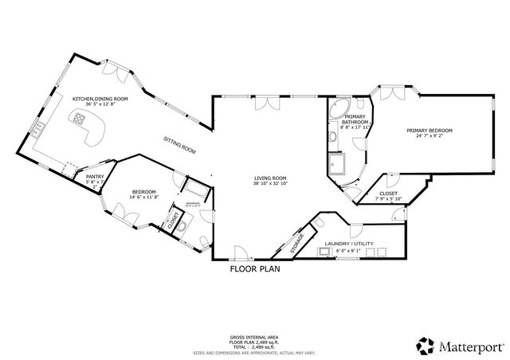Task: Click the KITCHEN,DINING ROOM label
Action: [93, 100]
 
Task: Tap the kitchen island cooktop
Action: [80, 119]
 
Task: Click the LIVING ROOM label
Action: [270, 178]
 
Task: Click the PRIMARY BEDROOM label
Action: [430, 130]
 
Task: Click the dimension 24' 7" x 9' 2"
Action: [430, 136]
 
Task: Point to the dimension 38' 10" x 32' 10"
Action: [270, 184]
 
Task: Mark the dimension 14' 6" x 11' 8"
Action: [143, 197]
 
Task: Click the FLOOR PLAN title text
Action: [255, 269]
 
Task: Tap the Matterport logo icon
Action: [424, 346]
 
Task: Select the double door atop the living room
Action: [264, 103]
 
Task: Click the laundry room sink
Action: [324, 252]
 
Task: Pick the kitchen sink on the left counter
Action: [37, 126]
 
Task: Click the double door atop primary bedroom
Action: [390, 93]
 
